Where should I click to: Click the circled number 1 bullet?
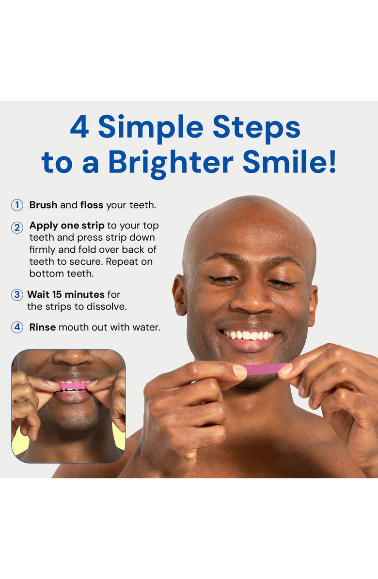[17, 205]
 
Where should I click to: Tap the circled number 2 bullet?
[17, 228]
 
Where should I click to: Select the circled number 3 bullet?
[17, 295]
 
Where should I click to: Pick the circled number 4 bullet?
[17, 327]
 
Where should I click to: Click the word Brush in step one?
[43, 205]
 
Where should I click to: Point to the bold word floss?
[92, 205]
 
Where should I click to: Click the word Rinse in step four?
[43, 327]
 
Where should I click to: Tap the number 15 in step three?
[57, 295]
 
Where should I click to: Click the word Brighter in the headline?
[171, 163]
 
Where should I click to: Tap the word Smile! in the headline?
[289, 162]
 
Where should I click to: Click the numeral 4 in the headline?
[79, 127]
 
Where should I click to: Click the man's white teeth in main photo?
[249, 335]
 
